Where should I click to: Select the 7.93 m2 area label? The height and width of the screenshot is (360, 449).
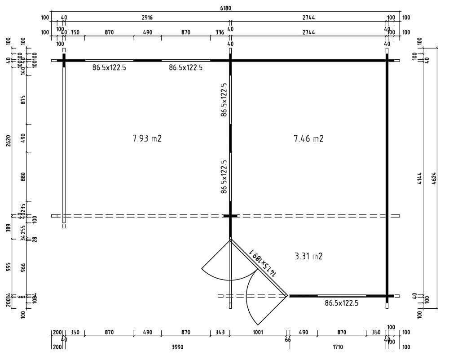coord(147,138)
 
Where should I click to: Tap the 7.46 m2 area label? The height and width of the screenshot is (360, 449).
coord(308,138)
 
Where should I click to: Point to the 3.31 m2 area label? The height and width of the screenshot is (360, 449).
coord(308,256)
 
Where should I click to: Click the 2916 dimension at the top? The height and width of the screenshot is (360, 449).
coord(147,18)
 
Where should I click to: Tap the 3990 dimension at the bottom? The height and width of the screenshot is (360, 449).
coord(178,347)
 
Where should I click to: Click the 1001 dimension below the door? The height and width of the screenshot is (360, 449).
coord(258,333)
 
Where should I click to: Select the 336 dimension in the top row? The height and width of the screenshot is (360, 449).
coord(220,32)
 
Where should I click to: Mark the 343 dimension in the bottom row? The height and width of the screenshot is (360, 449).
coord(220,333)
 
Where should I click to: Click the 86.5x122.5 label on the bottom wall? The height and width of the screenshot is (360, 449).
coord(342,303)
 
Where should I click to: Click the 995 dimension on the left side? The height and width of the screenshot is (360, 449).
coord(9,267)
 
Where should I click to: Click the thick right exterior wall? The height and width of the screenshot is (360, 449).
coord(387,180)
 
